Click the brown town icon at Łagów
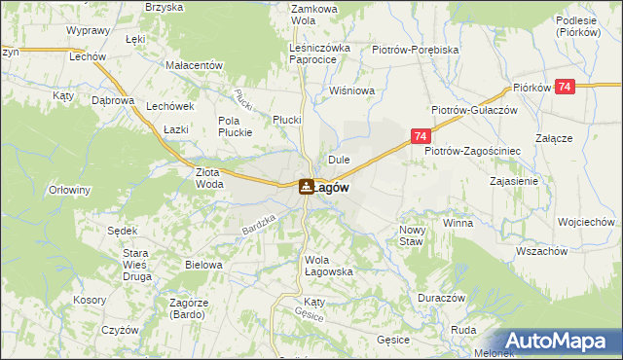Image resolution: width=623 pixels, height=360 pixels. coord(306,186)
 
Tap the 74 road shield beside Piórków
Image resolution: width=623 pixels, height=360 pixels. coord(568,88)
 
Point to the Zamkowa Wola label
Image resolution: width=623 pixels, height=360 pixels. coord(313,14)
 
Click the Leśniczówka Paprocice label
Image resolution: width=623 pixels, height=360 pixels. coord(313,53)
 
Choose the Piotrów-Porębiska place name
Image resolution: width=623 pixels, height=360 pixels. coord(415,48)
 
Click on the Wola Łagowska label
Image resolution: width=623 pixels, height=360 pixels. coord(328,266)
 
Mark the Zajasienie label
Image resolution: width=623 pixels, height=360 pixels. coord(516,181)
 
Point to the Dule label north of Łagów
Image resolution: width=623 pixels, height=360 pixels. coord(339,159)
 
